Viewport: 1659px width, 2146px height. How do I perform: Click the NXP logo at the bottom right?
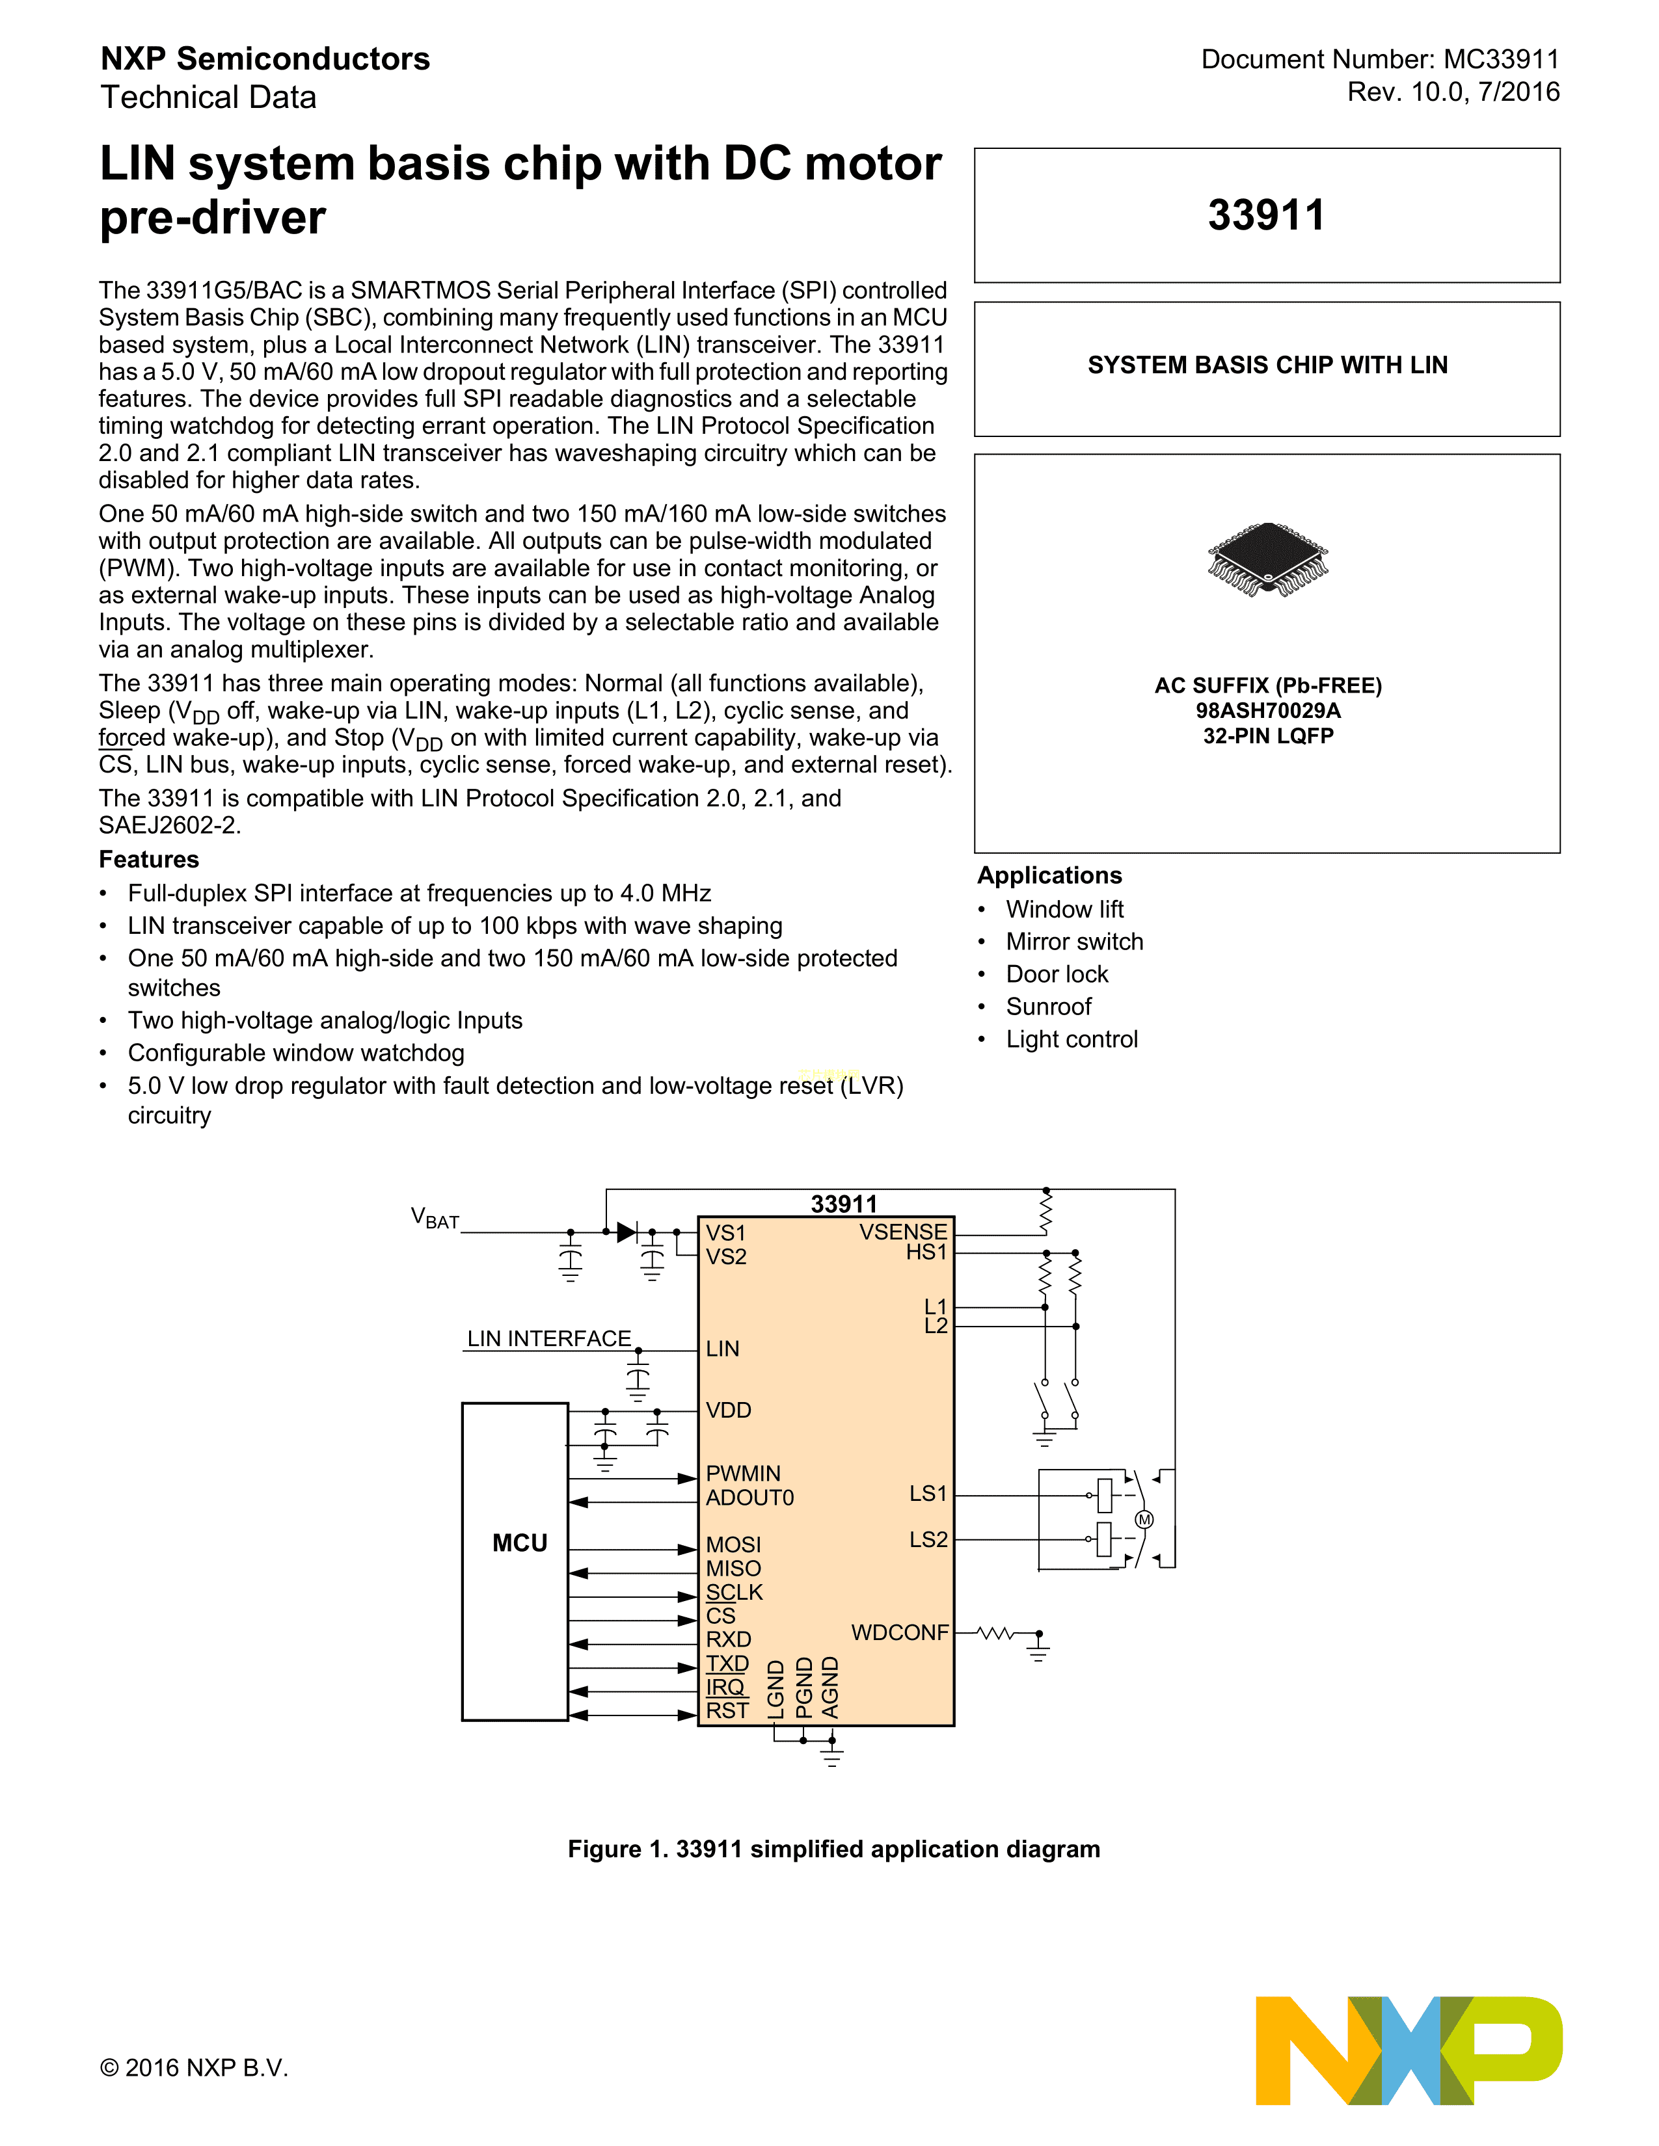click(1409, 2050)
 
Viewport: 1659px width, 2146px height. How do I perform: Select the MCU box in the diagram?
click(515, 1561)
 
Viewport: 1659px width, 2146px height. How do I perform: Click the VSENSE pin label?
click(902, 1231)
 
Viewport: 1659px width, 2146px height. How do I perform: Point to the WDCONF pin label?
click(899, 1632)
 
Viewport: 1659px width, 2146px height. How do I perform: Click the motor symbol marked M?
click(1144, 1519)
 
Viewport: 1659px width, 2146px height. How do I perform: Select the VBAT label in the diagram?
click(435, 1219)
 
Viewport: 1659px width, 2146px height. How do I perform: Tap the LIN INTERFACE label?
click(548, 1338)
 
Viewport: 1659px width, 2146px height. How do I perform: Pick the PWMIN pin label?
click(743, 1473)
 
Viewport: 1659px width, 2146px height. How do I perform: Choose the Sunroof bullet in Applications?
click(1047, 1006)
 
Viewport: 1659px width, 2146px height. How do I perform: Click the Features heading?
click(148, 859)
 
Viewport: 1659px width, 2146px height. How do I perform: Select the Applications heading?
click(1049, 875)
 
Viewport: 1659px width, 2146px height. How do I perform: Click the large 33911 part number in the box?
click(1266, 215)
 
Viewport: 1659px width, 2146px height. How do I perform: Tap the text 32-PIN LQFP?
click(1268, 736)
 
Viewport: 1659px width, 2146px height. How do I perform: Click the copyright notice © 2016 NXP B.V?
click(194, 2067)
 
